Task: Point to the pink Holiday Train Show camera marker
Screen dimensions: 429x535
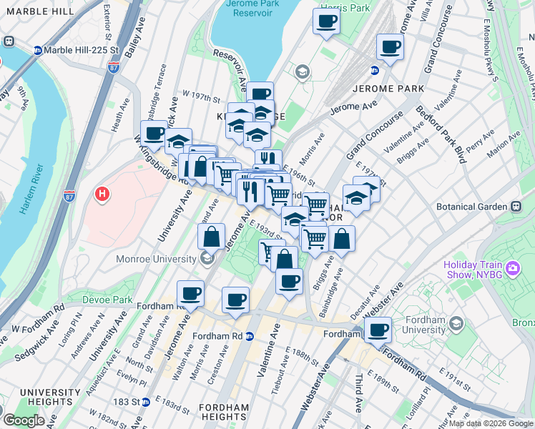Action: tap(512, 269)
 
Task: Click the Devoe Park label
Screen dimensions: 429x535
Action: tap(108, 299)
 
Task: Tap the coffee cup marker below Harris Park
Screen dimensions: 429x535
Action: tap(326, 21)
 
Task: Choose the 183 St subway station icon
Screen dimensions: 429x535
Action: tap(146, 402)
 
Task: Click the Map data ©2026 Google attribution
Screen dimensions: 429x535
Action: tap(491, 423)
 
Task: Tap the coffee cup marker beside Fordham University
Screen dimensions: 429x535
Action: tap(378, 330)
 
